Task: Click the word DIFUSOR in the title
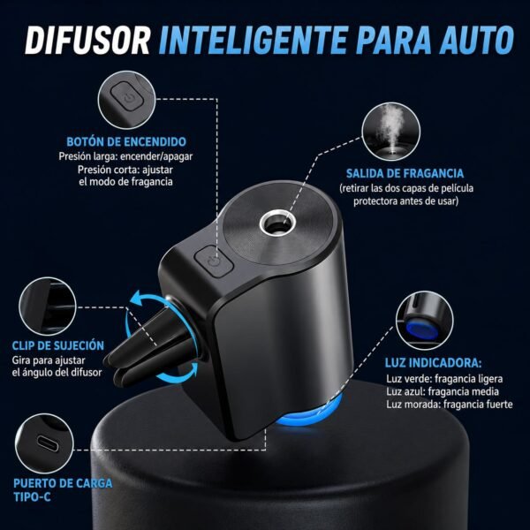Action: (87, 41)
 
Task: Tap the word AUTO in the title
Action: (477, 41)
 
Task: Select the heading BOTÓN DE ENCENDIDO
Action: (126, 141)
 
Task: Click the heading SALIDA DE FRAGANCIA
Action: (405, 173)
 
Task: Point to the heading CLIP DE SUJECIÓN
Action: (58, 345)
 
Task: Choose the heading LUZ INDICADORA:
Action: (434, 363)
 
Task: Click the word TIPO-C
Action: (32, 496)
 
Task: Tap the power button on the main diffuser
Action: (214, 261)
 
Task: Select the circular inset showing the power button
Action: (126, 100)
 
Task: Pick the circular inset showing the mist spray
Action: (391, 132)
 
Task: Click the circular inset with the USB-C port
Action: (44, 443)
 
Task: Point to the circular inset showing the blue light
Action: (425, 321)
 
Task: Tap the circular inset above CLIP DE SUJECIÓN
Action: (48, 307)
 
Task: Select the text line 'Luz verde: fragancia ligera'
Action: (444, 379)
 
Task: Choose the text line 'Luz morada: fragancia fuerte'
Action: (450, 405)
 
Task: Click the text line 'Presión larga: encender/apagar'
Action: (125, 156)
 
